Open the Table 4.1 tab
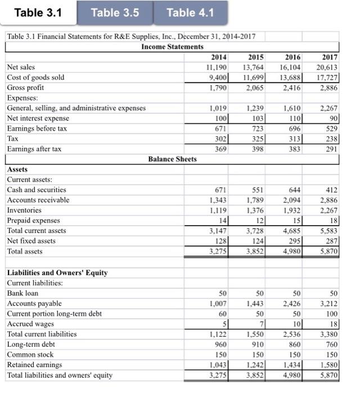[191, 12]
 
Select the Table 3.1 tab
[38, 12]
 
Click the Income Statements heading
[172, 46]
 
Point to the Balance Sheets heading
[172, 159]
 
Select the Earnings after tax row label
[33, 149]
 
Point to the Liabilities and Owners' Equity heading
[57, 273]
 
